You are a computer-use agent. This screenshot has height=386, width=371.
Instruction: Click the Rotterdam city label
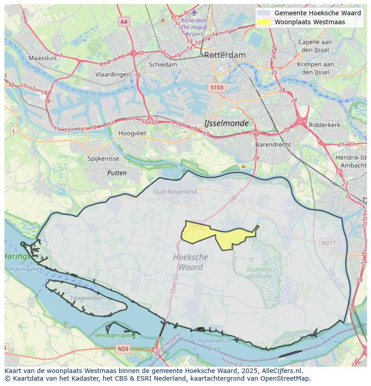click(224, 55)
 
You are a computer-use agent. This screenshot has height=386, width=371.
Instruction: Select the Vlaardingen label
click(112, 75)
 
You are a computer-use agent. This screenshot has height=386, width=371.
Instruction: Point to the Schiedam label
click(163, 65)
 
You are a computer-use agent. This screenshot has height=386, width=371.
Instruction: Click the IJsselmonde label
click(226, 123)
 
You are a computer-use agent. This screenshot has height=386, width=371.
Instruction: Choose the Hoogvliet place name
click(133, 133)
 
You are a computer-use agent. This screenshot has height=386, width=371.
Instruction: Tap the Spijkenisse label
click(104, 159)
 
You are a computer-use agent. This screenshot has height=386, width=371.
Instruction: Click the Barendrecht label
click(273, 145)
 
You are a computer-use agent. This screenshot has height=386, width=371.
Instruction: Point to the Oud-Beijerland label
click(175, 191)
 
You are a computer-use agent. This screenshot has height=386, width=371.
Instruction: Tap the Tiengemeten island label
click(86, 298)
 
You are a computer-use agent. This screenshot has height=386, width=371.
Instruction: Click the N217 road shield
click(328, 243)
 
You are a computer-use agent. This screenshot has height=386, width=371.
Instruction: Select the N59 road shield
click(123, 348)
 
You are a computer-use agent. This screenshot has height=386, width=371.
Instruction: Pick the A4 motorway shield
click(124, 22)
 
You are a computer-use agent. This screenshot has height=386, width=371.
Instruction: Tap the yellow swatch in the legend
click(264, 22)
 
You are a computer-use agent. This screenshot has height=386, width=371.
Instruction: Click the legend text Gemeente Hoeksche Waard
click(317, 13)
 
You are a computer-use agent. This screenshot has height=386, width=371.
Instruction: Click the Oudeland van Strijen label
click(259, 272)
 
